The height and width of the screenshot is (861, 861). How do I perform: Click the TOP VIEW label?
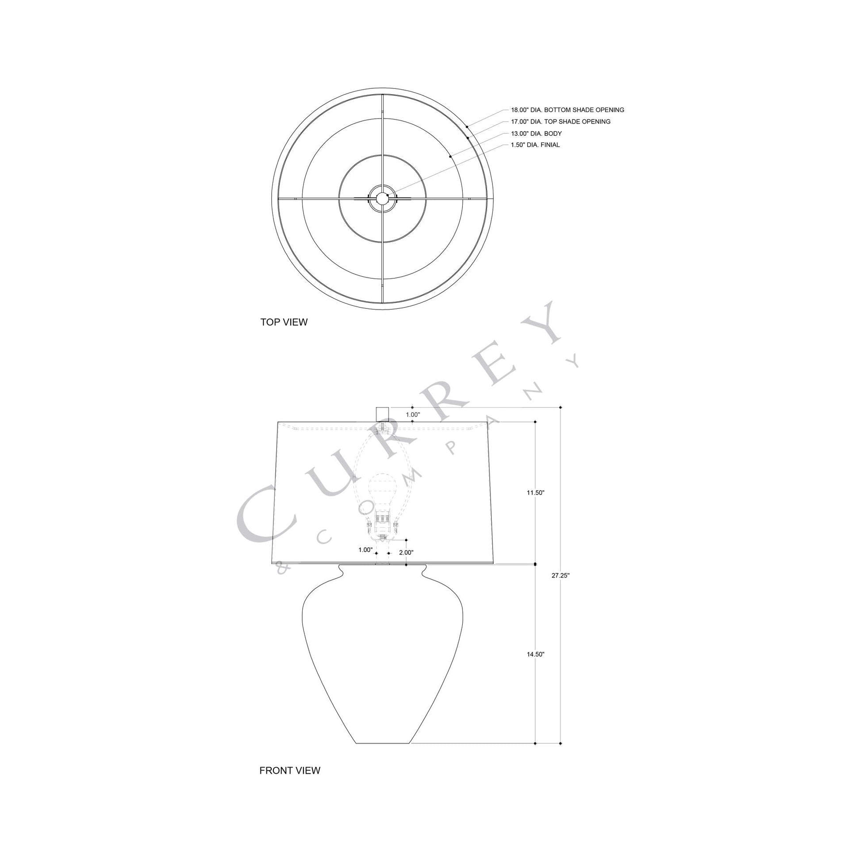284,322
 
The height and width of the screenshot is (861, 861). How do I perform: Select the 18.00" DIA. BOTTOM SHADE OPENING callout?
567,110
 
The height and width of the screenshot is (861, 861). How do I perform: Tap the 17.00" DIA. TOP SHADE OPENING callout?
561,122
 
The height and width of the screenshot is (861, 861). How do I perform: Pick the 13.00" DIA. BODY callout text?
536,134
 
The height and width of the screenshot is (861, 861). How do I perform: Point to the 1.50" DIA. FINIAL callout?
535,145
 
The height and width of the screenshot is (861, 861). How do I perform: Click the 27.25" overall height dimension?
561,575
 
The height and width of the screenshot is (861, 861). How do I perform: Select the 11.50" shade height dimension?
536,493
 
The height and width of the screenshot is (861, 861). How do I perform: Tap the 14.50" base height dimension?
536,654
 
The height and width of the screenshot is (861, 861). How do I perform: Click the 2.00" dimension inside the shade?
406,553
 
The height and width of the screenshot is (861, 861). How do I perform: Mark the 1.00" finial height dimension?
413,415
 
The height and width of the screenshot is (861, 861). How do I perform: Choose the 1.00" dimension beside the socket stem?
365,550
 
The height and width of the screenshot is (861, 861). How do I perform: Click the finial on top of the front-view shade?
383,414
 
